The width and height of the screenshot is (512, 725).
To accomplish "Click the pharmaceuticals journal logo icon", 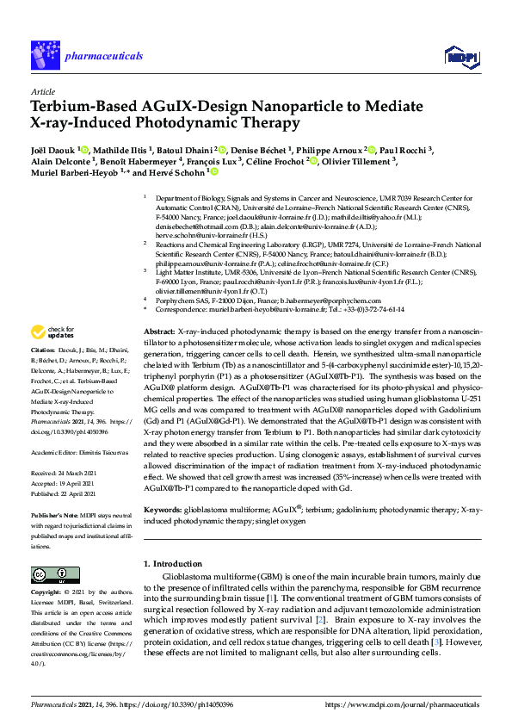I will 45,56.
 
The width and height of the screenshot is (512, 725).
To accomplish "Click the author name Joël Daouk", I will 52,149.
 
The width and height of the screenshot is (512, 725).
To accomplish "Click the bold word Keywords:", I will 163,511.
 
